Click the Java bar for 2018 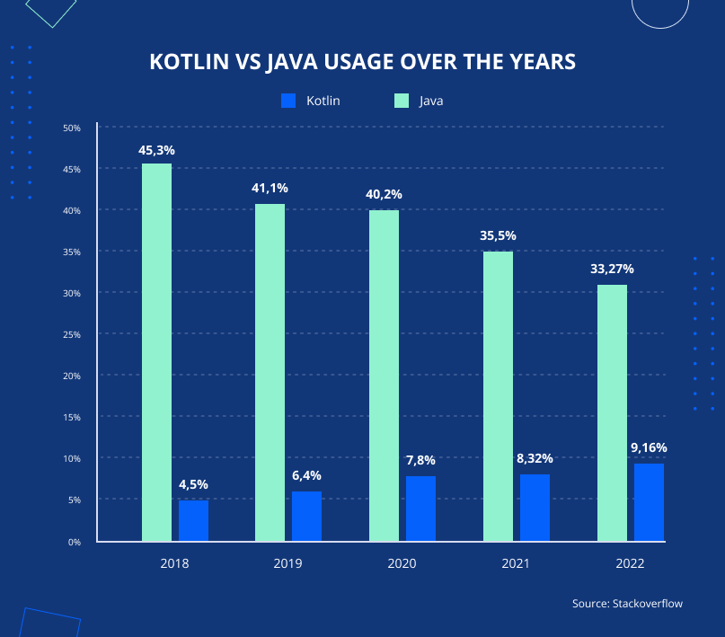pyautogui.click(x=156, y=352)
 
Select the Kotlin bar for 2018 pyautogui.click(x=193, y=521)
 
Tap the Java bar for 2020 pyautogui.click(x=384, y=376)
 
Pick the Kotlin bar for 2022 pyautogui.click(x=649, y=502)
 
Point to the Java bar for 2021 pyautogui.click(x=498, y=396)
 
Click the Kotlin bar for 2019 pyautogui.click(x=306, y=517)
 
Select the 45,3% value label pyautogui.click(x=156, y=150)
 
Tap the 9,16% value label pyautogui.click(x=649, y=447)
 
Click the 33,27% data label pyautogui.click(x=611, y=269)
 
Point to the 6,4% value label pyautogui.click(x=306, y=475)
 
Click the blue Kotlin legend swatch pyautogui.click(x=288, y=101)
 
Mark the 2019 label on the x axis pyautogui.click(x=288, y=563)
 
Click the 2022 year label pyautogui.click(x=630, y=563)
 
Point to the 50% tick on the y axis pyautogui.click(x=72, y=128)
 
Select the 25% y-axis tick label pyautogui.click(x=72, y=335)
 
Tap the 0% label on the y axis pyautogui.click(x=75, y=543)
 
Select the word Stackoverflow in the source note pyautogui.click(x=647, y=603)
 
